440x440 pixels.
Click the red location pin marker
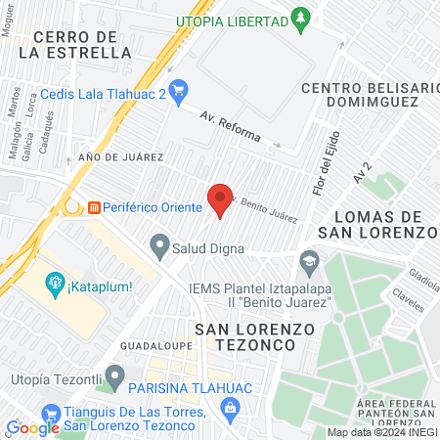(221, 198)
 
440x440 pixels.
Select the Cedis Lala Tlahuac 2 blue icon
(177, 93)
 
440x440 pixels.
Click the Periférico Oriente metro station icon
(95, 207)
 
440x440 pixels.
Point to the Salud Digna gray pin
(158, 243)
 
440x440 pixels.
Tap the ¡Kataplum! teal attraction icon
(54, 286)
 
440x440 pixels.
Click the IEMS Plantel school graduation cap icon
(309, 260)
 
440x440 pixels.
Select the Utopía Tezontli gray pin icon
(116, 374)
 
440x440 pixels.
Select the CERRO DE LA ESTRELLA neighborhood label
(74, 44)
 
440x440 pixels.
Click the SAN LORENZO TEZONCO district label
(253, 337)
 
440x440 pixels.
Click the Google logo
(32, 427)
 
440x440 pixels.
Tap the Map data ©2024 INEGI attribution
(381, 432)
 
